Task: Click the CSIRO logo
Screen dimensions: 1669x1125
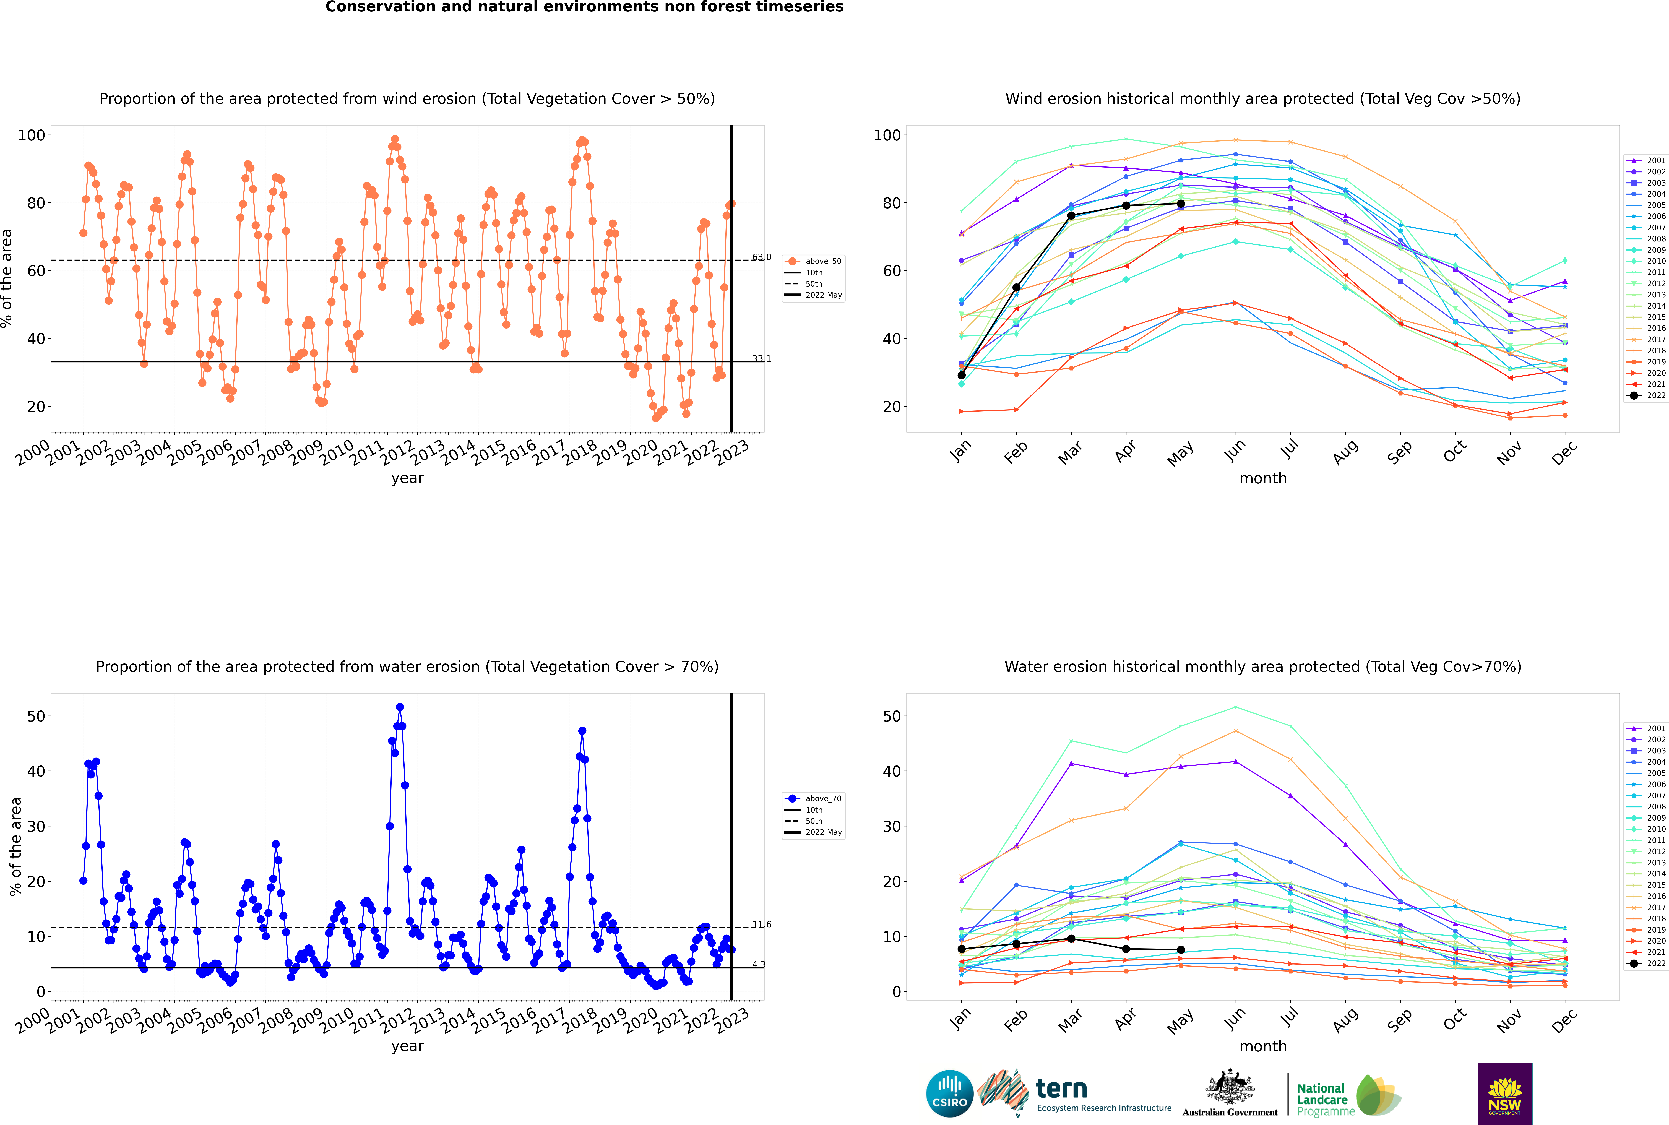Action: [x=949, y=1093]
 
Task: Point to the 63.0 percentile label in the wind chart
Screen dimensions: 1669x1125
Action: [x=761, y=257]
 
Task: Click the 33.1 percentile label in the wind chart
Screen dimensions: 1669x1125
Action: [x=761, y=359]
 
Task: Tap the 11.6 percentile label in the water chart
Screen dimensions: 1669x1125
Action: [x=761, y=924]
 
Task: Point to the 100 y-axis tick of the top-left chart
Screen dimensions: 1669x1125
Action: [x=32, y=135]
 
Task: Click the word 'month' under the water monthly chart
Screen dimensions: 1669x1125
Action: [x=1263, y=1046]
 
